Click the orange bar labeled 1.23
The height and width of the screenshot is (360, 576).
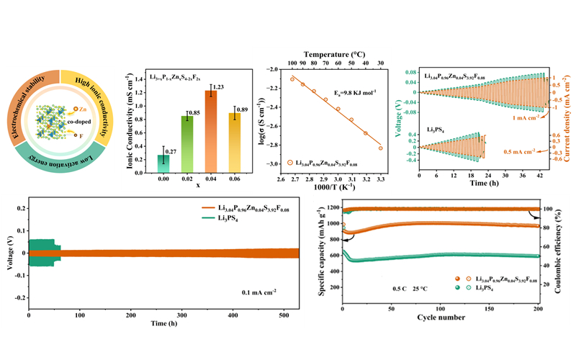pos(191,130)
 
